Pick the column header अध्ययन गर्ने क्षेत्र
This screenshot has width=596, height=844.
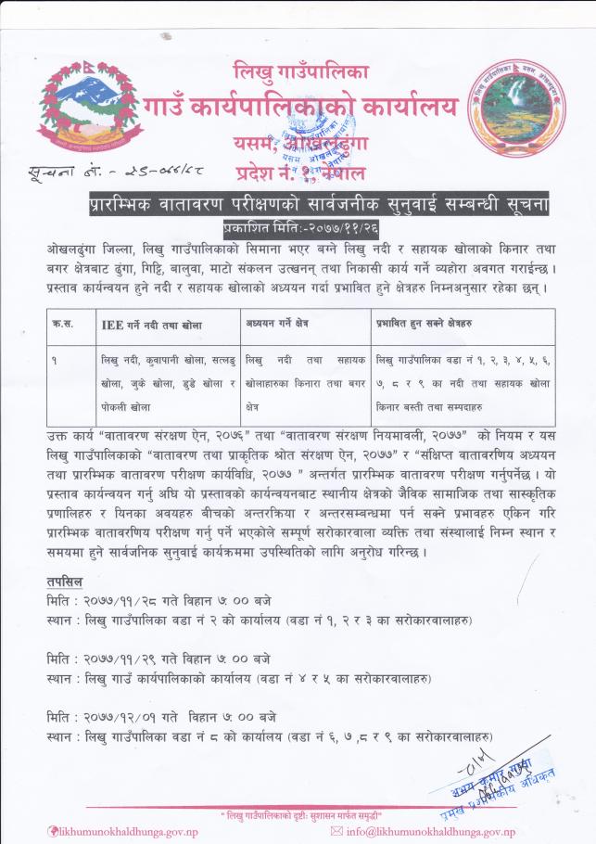(279, 325)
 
